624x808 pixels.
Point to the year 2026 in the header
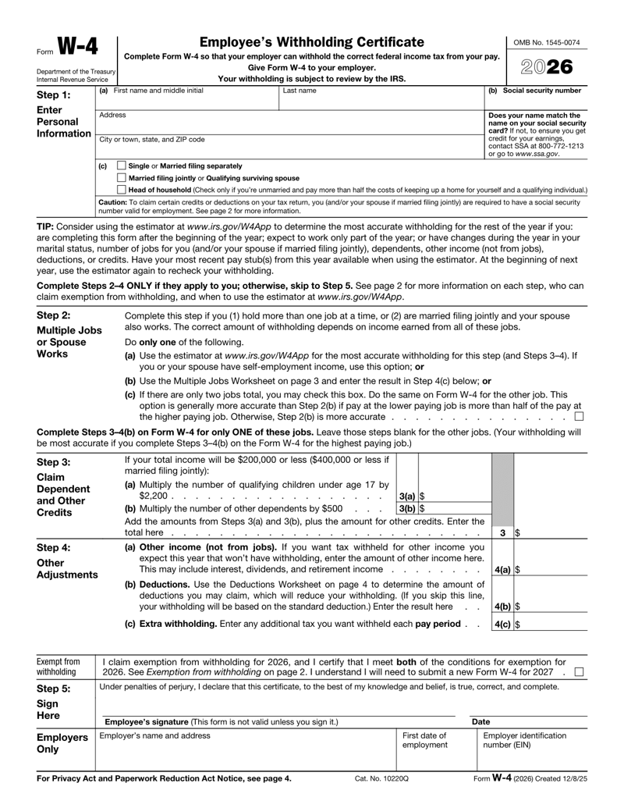[x=548, y=68]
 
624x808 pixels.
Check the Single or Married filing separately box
[x=121, y=166]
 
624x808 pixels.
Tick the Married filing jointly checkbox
[x=121, y=178]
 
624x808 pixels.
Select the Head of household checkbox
[x=121, y=190]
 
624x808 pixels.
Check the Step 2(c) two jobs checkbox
[x=579, y=415]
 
